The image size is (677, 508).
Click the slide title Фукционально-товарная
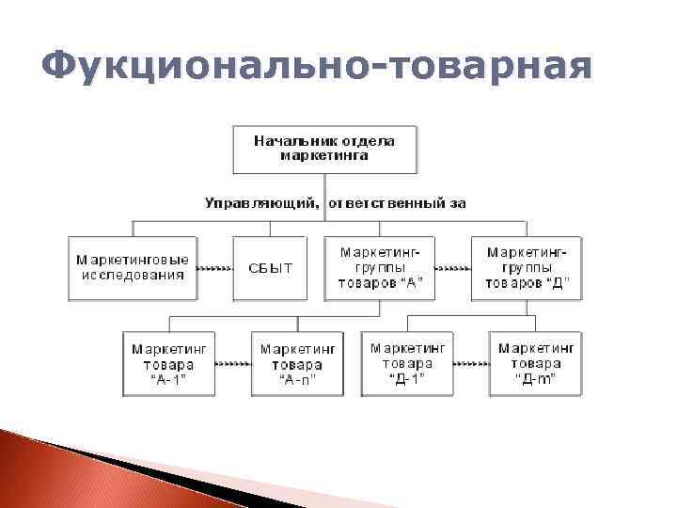point(318,68)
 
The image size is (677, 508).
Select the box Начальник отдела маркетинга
point(324,148)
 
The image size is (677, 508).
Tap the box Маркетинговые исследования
point(133,268)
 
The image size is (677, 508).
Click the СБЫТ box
point(271,268)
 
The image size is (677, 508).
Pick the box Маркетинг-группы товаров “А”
point(380,268)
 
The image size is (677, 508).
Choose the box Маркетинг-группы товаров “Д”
point(527,268)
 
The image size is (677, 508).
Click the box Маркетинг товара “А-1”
point(169,363)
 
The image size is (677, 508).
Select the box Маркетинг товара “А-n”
point(297,363)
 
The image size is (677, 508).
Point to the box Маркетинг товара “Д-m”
point(536,363)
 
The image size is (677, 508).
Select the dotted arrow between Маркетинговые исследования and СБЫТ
point(215,268)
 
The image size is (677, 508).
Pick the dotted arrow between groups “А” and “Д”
point(454,268)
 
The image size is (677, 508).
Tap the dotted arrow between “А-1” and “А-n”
point(233,363)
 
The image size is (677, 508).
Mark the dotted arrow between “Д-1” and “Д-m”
point(472,363)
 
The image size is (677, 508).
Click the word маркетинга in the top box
point(324,155)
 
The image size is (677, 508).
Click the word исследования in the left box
point(133,276)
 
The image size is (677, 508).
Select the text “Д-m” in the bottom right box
point(536,378)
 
